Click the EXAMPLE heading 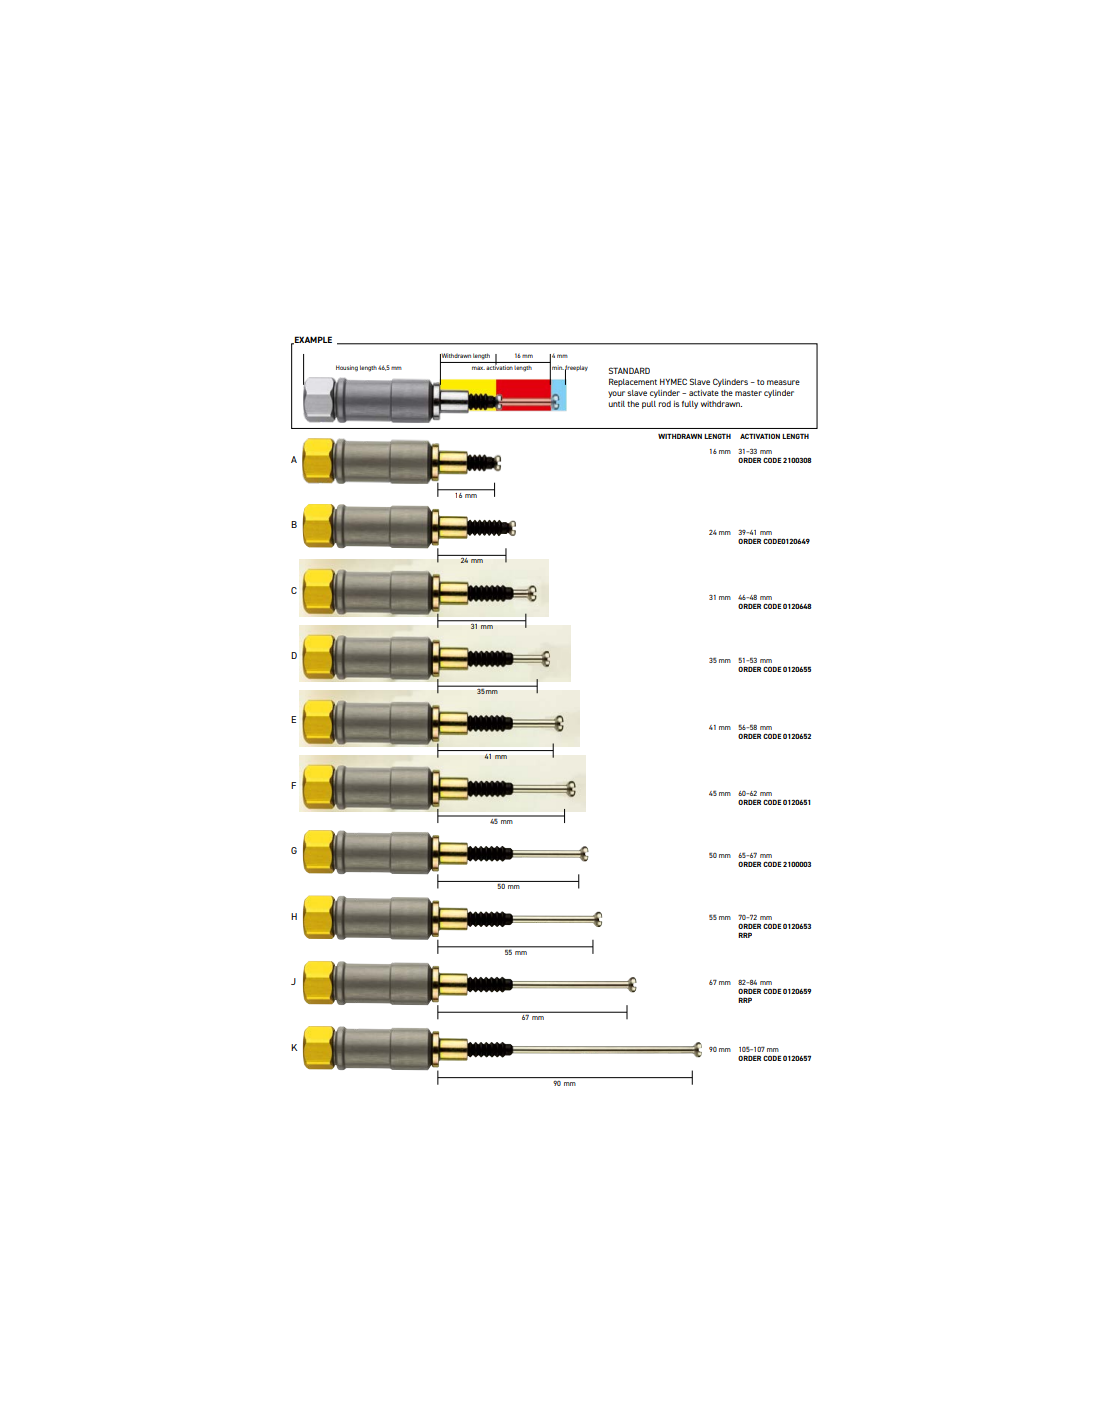[x=313, y=340]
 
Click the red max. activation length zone [x=523, y=395]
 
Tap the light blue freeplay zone [x=558, y=395]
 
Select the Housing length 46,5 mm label [x=368, y=368]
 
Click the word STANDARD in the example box [x=629, y=371]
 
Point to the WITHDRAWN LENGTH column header [x=694, y=436]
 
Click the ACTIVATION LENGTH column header [x=774, y=436]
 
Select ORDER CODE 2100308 [x=774, y=461]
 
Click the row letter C [x=294, y=590]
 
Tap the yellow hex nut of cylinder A [x=319, y=461]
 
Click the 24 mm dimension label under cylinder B [x=471, y=561]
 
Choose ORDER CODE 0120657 [x=774, y=1058]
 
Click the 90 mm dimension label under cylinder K [x=564, y=1084]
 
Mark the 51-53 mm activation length [x=755, y=660]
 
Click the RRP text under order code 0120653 [x=745, y=935]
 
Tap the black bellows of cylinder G [x=490, y=853]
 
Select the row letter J [x=293, y=982]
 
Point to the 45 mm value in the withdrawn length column [x=719, y=793]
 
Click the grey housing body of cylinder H [x=383, y=918]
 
